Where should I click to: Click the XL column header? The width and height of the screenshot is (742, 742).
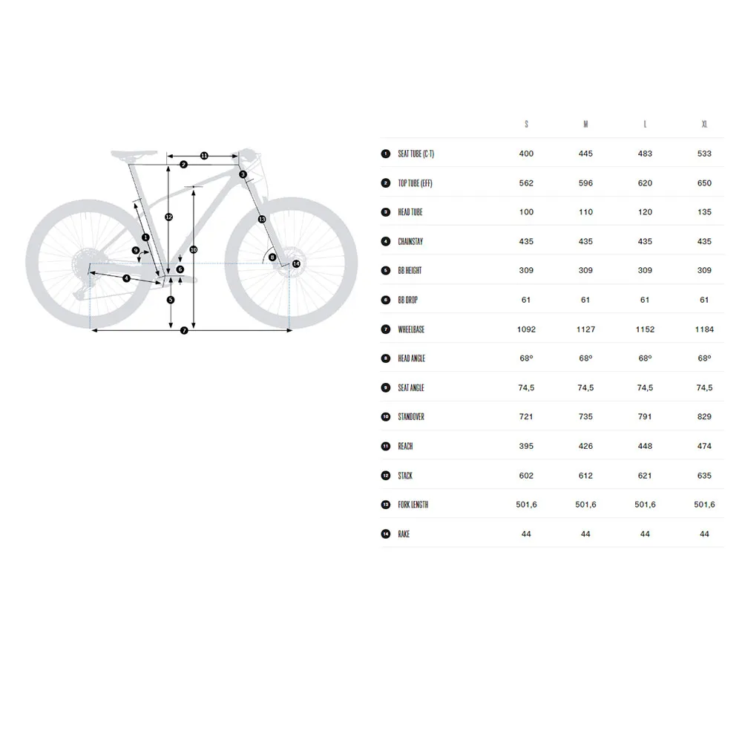704,124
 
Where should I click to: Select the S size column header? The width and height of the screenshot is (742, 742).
526,124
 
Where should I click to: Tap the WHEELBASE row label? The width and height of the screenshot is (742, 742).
411,329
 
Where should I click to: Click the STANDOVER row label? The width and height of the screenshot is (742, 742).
411,417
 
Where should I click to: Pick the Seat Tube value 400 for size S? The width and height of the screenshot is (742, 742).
526,154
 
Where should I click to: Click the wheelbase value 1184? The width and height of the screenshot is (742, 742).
704,329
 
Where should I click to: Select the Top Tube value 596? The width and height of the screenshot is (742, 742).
585,183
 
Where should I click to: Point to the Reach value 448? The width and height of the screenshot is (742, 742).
645,446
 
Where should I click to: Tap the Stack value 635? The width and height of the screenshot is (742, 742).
704,476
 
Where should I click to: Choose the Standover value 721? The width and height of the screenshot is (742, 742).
526,417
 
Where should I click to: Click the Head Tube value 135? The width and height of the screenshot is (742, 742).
704,212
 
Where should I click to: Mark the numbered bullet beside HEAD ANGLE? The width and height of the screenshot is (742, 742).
386,358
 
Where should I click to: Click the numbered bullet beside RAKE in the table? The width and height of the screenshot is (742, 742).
386,533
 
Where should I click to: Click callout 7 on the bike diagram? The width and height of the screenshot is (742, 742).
184,330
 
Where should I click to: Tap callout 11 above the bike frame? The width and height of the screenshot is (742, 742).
204,156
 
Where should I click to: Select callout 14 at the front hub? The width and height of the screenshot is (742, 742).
296,263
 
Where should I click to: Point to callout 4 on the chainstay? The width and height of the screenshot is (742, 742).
126,278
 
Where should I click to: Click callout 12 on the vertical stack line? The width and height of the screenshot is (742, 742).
169,217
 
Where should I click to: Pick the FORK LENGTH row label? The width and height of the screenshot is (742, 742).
413,505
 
